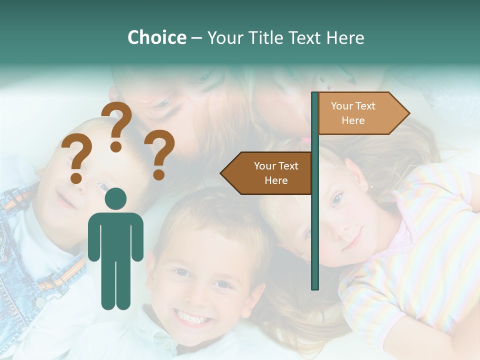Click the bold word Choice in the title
point(156,37)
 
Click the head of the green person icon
point(116,199)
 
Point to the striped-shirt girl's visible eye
point(336,200)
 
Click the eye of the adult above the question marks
point(160,103)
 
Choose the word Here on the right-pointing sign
point(353,120)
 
